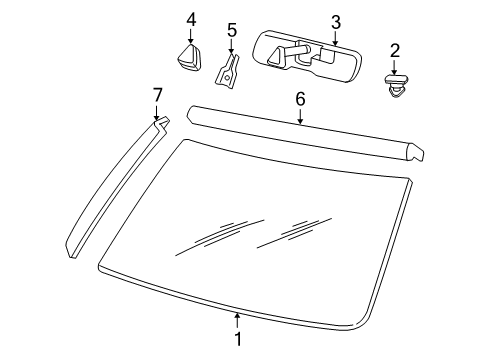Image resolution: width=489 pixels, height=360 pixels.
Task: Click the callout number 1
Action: coord(237,339)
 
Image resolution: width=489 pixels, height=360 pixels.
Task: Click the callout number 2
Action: coord(394,50)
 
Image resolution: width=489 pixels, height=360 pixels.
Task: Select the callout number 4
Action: coord(190,17)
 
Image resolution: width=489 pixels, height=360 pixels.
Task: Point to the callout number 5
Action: coord(231,30)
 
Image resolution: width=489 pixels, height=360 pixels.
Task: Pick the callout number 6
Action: coord(298,98)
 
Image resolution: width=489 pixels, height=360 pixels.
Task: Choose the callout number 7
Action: coord(157,94)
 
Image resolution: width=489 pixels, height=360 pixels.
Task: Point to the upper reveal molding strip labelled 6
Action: coord(300,130)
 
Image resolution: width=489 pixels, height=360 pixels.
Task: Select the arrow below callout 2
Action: coord(394,65)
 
